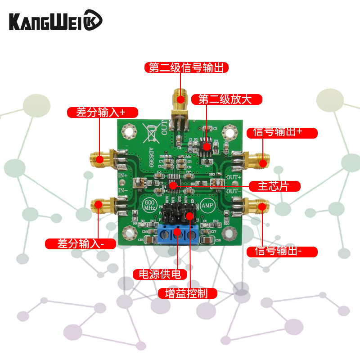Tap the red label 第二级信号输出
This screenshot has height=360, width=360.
coord(187,67)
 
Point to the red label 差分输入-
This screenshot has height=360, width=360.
coord(81,243)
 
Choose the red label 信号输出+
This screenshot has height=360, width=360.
coord(282,132)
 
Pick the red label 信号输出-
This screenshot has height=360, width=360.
coord(282,251)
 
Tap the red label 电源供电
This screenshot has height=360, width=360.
coord(156,274)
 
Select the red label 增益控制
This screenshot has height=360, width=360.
coord(188,293)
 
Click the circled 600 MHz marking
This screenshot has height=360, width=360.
coord(150,205)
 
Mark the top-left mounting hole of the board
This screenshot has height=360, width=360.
coord(130,131)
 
